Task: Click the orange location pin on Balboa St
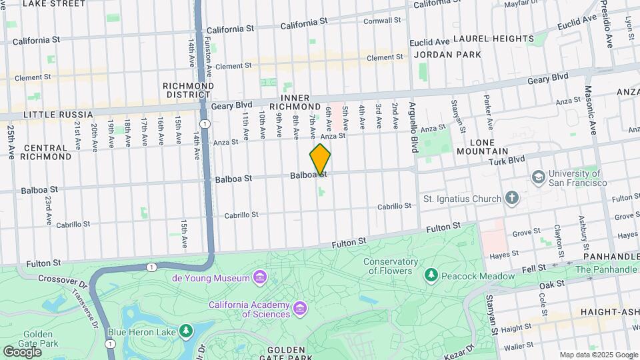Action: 320,159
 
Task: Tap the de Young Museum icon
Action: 259,277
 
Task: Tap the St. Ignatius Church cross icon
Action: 511,198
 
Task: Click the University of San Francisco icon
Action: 538,177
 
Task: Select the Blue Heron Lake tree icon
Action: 185,331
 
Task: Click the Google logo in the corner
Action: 22,351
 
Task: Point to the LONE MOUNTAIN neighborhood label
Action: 491,147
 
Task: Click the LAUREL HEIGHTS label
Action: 493,39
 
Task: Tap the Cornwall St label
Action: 381,21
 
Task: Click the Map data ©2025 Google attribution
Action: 598,355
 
